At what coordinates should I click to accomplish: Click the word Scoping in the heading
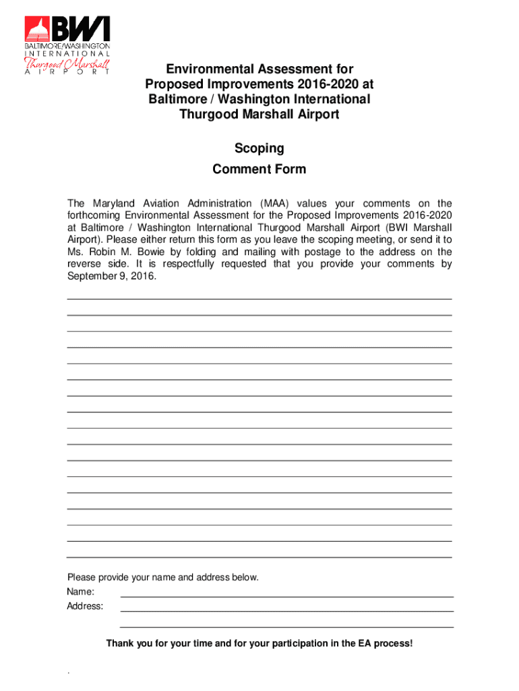259,148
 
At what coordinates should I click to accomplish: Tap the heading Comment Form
259,169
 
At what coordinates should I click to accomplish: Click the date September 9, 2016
111,277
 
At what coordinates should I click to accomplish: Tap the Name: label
80,592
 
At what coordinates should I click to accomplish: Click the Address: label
85,606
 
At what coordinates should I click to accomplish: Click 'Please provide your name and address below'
162,578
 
